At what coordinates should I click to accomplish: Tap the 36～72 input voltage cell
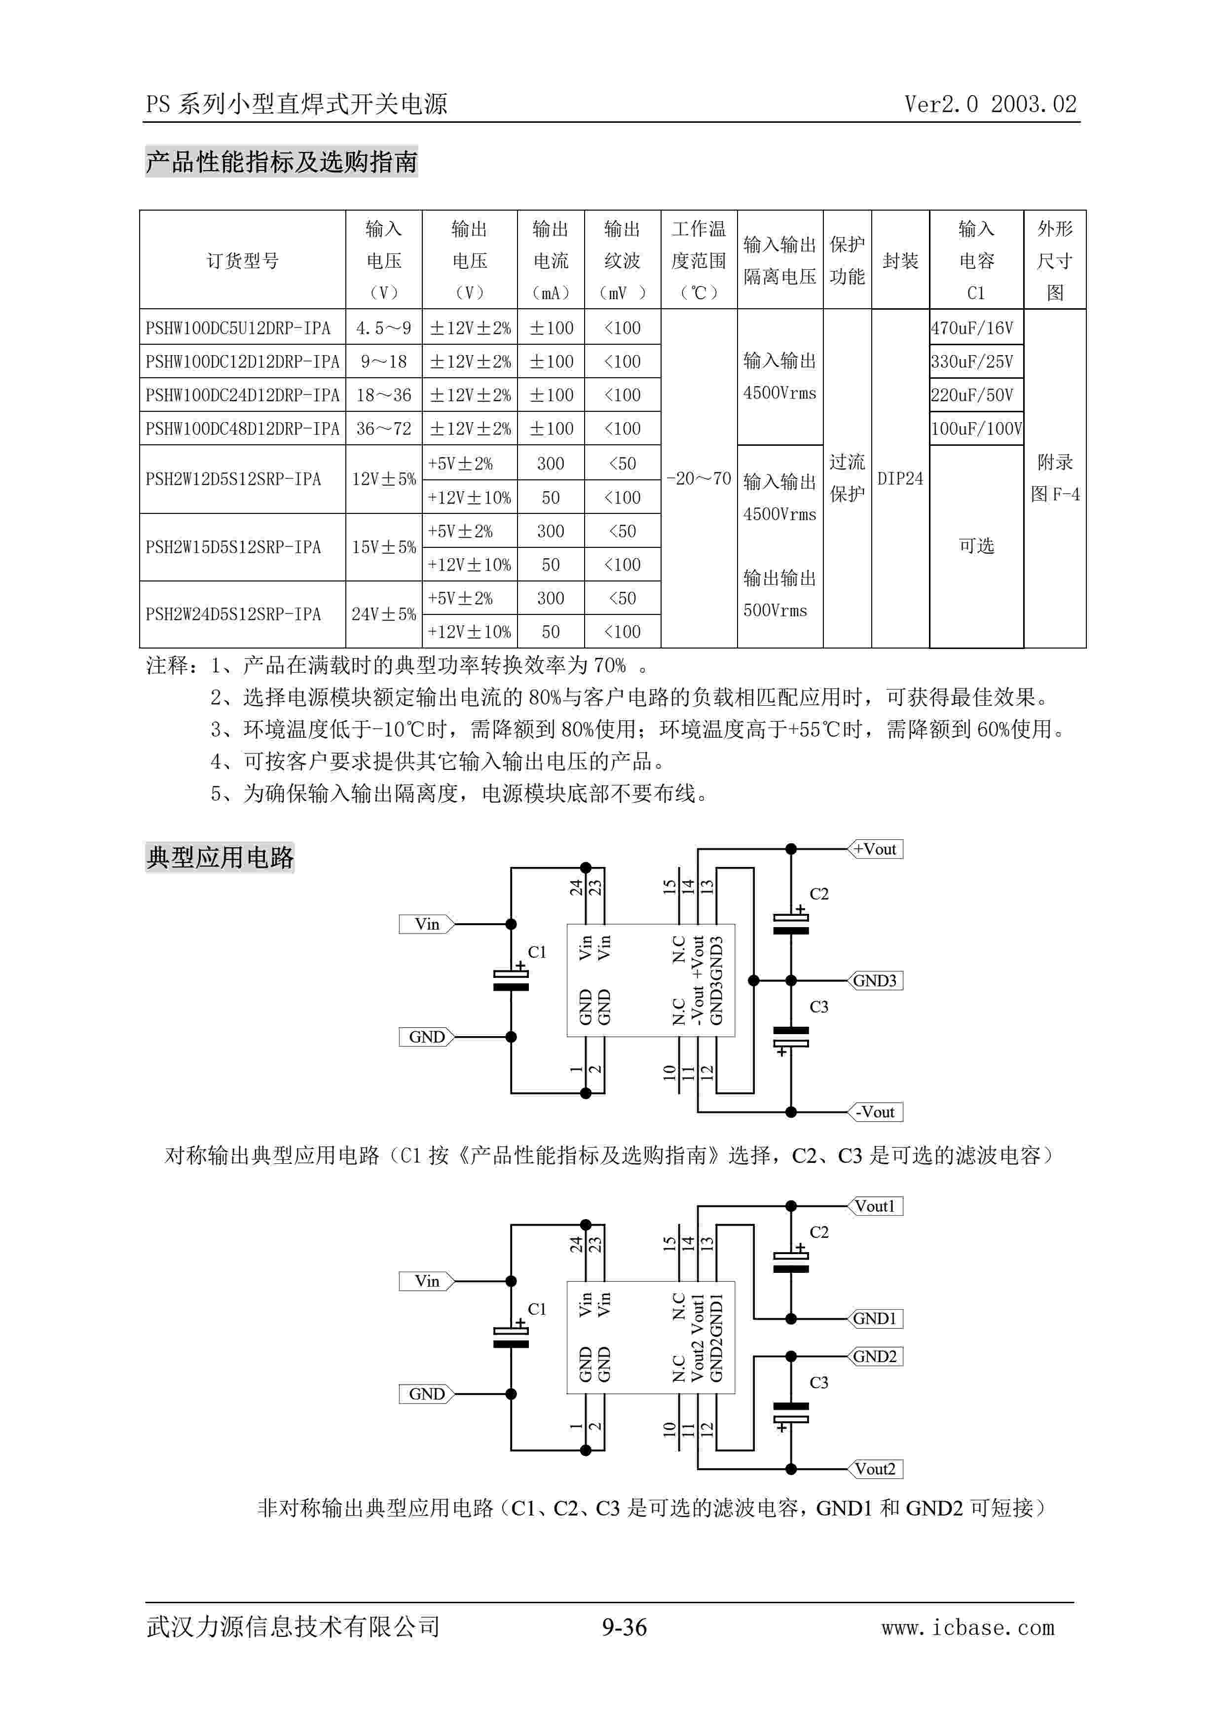coord(383,429)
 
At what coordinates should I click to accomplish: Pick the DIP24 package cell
coord(900,478)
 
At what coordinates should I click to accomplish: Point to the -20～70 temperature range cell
coord(699,478)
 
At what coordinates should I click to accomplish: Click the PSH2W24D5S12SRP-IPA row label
coord(233,614)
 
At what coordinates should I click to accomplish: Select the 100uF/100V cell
coord(976,429)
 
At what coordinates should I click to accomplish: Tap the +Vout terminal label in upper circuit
coord(876,849)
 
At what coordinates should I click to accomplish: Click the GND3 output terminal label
coord(876,980)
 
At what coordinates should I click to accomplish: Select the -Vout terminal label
coord(876,1112)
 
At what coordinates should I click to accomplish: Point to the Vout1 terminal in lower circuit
coord(876,1206)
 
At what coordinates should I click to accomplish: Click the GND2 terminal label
coord(876,1356)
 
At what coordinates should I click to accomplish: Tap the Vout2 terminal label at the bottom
coord(876,1469)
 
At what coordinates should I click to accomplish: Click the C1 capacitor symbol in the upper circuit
coord(511,979)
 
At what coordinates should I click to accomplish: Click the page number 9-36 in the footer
coord(624,1627)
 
